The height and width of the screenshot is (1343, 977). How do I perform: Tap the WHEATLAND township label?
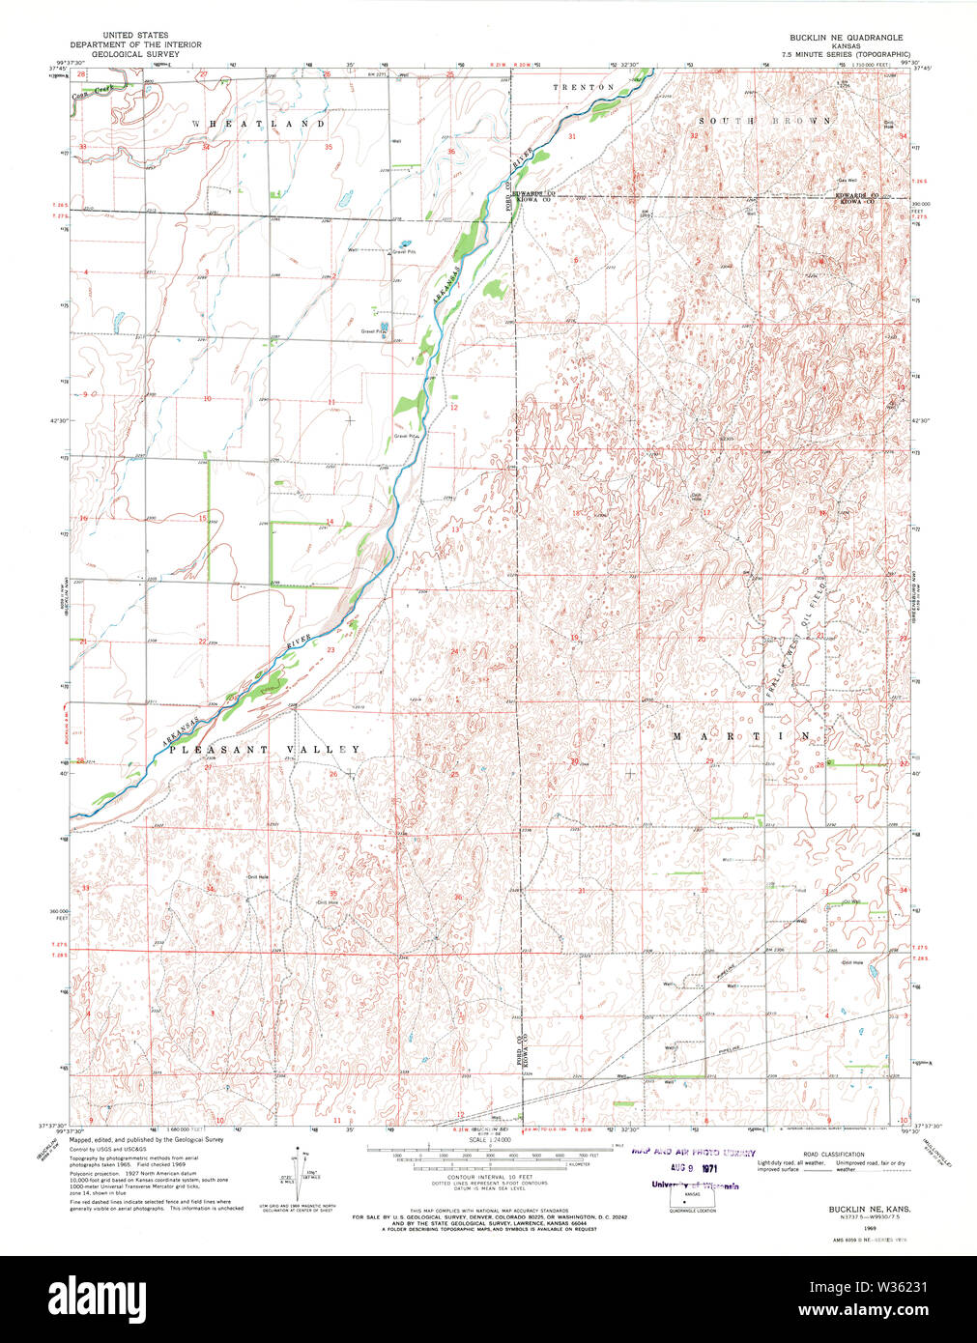[258, 125]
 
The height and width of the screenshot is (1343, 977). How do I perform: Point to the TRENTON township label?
[584, 88]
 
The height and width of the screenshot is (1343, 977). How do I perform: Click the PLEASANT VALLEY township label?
[265, 750]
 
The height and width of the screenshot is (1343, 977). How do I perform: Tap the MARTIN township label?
[741, 736]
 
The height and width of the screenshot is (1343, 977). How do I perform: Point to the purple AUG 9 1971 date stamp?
[685, 1168]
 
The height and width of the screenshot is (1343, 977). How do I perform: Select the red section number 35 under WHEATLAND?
[329, 147]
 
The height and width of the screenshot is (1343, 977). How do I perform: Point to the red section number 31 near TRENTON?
[572, 136]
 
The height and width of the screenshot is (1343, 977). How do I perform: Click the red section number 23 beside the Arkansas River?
[330, 650]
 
